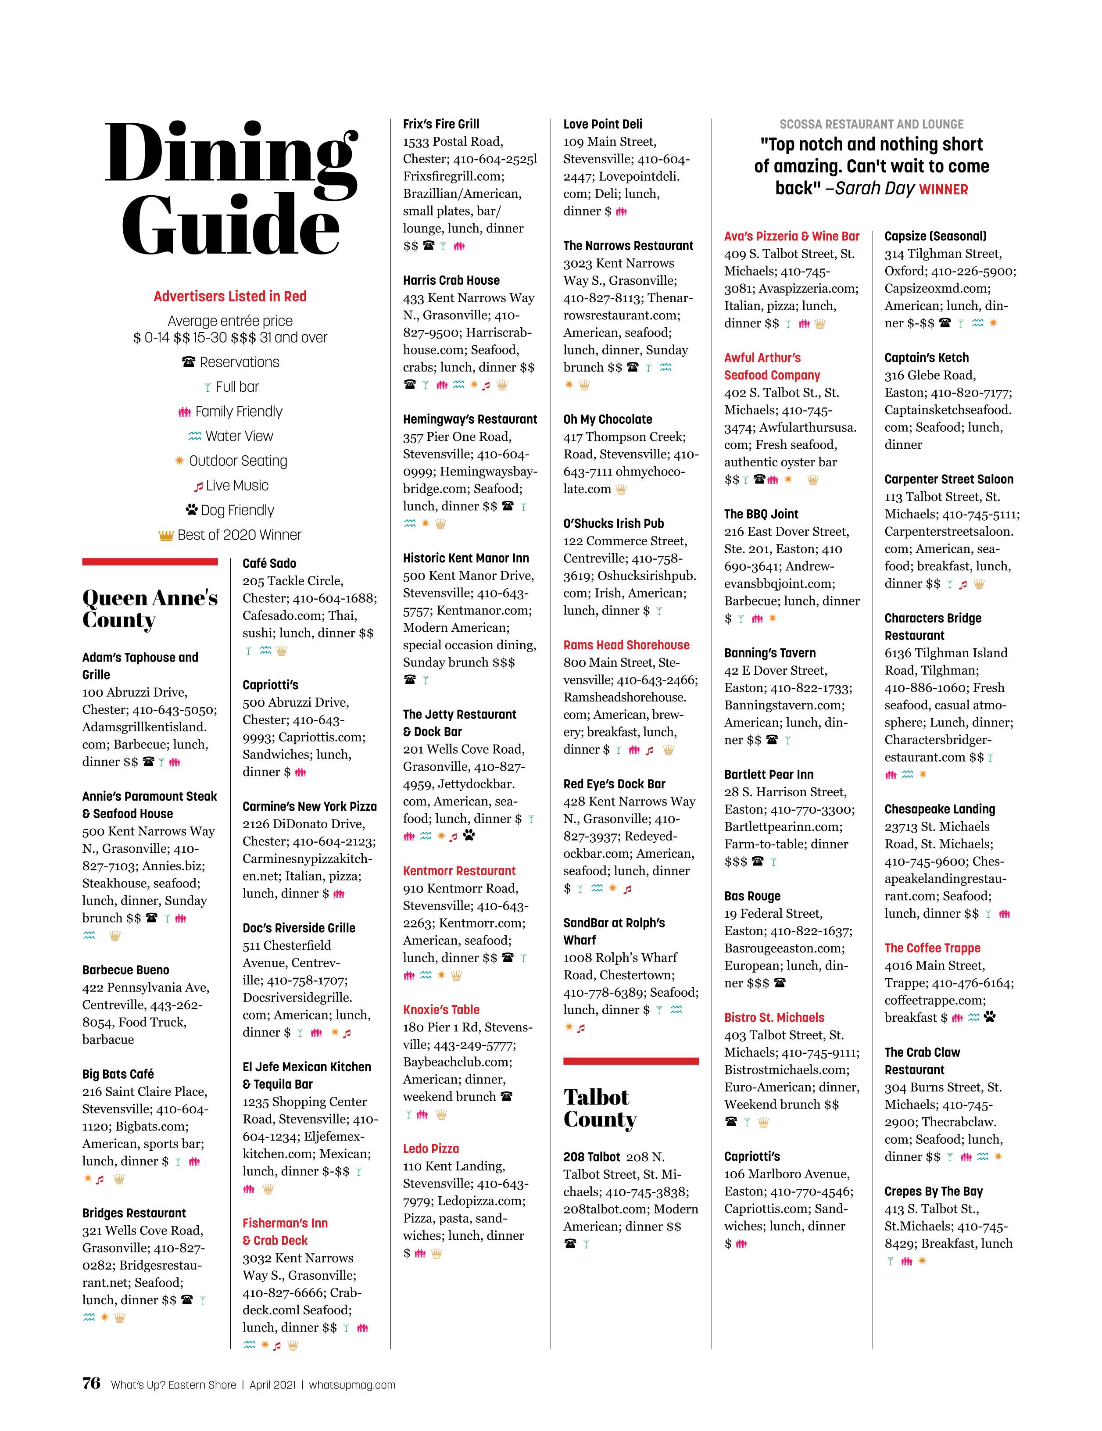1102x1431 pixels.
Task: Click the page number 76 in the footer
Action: (x=91, y=1383)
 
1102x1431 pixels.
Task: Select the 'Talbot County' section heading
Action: (x=600, y=1108)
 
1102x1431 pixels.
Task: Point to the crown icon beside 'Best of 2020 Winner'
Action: (x=166, y=535)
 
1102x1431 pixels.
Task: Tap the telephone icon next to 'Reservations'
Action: (x=189, y=361)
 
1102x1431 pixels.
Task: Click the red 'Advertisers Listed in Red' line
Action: (x=230, y=296)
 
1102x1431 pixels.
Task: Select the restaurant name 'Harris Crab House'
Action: (x=451, y=280)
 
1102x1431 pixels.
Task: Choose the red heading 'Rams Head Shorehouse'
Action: (x=626, y=645)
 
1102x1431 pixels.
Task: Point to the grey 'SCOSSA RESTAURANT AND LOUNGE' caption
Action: (x=871, y=124)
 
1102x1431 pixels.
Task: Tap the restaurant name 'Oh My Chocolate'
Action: (x=607, y=419)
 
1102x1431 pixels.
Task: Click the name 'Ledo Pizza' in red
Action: (x=430, y=1148)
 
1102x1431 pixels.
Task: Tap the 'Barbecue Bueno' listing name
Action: (x=125, y=970)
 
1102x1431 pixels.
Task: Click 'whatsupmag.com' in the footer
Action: (x=352, y=1384)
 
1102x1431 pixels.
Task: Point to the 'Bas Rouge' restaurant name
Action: (x=752, y=896)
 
